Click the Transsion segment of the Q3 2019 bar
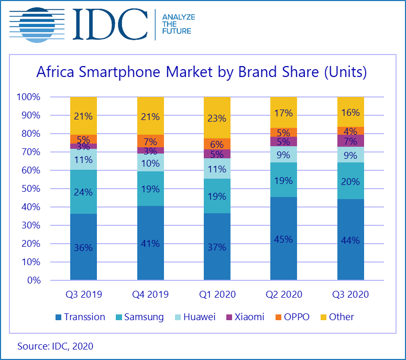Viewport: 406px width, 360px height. pyautogui.click(x=83, y=246)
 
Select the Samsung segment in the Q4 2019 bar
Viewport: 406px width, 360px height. pyautogui.click(x=150, y=189)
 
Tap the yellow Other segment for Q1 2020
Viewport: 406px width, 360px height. pyautogui.click(x=217, y=117)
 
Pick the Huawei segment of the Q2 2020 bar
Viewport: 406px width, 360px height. pyautogui.click(x=283, y=154)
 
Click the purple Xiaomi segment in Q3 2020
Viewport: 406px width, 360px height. pyautogui.click(x=350, y=141)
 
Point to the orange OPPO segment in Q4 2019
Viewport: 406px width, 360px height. pyautogui.click(x=150, y=141)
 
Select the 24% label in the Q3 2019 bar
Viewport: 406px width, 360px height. pyautogui.click(x=83, y=192)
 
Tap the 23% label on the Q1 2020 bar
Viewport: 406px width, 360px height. pyautogui.click(x=217, y=118)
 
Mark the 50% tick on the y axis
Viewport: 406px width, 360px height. pyautogui.click(x=29, y=189)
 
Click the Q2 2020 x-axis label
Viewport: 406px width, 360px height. pyautogui.click(x=283, y=294)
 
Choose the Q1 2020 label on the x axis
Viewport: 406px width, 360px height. pyautogui.click(x=217, y=294)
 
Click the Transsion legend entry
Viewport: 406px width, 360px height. pyautogui.click(x=80, y=317)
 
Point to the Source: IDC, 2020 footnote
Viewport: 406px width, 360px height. pyautogui.click(x=55, y=346)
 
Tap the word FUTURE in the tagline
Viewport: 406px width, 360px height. pyautogui.click(x=177, y=31)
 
